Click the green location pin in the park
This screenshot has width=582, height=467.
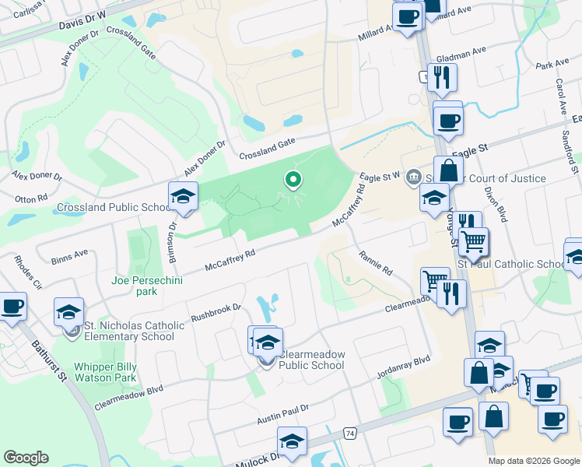(x=293, y=180)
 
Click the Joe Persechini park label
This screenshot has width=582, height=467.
(x=145, y=286)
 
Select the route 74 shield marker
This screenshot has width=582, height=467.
(x=350, y=432)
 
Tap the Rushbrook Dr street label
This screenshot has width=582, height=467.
(x=216, y=313)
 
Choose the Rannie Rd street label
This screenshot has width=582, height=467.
(x=376, y=262)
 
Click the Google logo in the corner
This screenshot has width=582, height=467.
(x=26, y=458)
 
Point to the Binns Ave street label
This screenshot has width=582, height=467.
(x=69, y=257)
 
